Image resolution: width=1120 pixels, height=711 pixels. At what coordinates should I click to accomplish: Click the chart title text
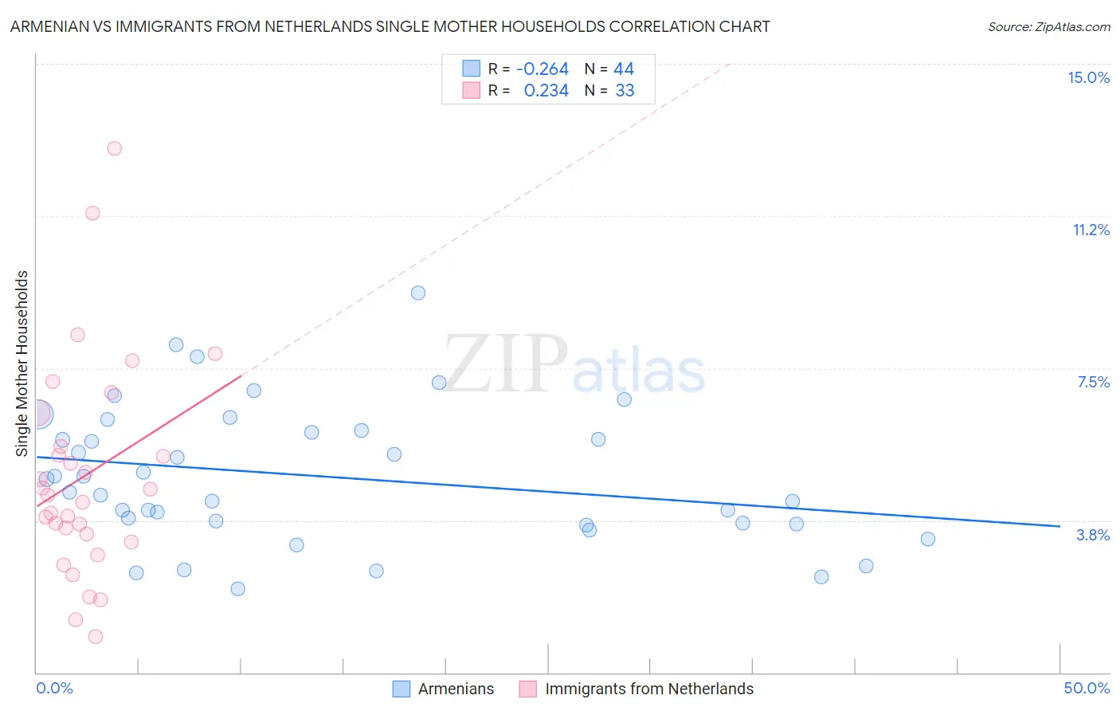[390, 26]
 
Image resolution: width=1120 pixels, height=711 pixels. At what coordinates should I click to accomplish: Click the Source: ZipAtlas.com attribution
[1048, 26]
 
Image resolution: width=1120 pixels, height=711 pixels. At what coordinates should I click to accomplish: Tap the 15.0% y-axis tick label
[1088, 77]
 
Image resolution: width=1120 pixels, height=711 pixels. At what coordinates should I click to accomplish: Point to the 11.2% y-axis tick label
[1091, 230]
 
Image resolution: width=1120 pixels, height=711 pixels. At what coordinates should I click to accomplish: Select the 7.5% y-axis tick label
[1093, 382]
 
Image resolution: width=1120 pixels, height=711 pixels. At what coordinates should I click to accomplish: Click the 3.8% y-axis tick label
[1093, 535]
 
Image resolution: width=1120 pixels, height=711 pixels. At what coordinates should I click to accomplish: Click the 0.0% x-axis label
[54, 688]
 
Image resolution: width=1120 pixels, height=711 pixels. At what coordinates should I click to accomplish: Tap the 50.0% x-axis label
[1087, 688]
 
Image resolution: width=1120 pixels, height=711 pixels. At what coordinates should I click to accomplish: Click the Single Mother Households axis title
[22, 363]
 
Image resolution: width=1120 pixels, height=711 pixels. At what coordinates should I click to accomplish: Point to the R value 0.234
[546, 91]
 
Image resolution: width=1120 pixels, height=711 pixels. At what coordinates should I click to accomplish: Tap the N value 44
[624, 69]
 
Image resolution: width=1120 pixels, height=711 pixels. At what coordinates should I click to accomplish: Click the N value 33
[625, 91]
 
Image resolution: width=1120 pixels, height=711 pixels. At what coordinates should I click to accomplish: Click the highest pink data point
[114, 148]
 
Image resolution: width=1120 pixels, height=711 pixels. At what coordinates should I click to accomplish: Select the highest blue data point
[418, 293]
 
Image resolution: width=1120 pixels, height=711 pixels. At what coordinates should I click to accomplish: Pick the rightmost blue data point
[928, 539]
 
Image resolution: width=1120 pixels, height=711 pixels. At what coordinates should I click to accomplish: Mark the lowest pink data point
[96, 636]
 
